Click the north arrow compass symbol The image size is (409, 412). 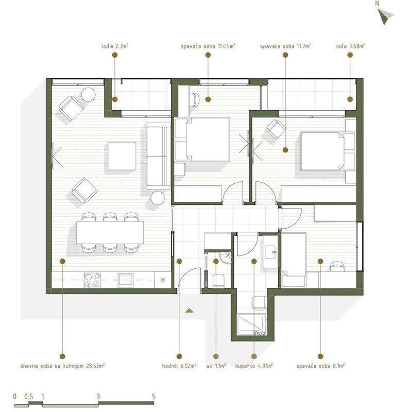click(x=385, y=16)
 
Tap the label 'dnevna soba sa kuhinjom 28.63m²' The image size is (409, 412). click(x=62, y=366)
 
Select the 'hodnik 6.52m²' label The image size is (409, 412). click(x=179, y=366)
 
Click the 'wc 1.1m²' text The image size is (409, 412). click(x=216, y=366)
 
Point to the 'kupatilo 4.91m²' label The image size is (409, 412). click(x=253, y=366)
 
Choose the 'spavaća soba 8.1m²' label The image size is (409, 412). click(x=320, y=366)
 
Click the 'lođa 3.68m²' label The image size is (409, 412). click(x=350, y=46)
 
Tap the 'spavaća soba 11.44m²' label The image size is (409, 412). click(x=208, y=46)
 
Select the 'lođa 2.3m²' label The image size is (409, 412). click(x=114, y=46)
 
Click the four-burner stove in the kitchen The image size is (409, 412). click(x=92, y=280)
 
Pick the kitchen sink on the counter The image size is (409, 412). click(x=126, y=280)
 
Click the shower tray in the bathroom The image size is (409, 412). click(x=252, y=325)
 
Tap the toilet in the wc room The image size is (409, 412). click(x=218, y=281)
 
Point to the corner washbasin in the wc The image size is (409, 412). click(x=225, y=258)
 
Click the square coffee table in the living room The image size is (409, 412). click(x=122, y=156)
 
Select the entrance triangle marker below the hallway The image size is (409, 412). click(x=189, y=311)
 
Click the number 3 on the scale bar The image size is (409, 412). click(x=98, y=397)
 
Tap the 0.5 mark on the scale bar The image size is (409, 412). click(x=28, y=397)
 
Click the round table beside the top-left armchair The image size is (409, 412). click(x=88, y=95)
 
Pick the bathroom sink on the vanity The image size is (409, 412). click(x=270, y=252)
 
